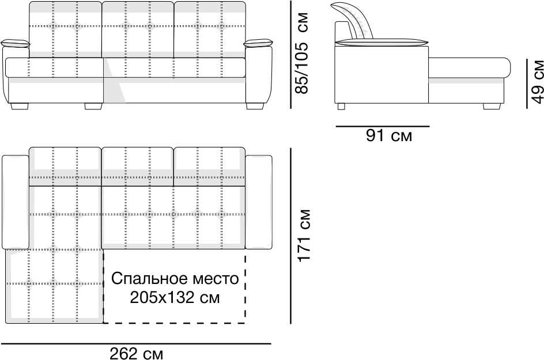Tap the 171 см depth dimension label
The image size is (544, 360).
(305, 235)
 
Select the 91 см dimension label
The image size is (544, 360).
(388, 136)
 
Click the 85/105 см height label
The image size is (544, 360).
(303, 53)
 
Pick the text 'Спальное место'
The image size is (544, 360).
(175, 279)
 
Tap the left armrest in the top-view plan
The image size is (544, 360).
(16, 202)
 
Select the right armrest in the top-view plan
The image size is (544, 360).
(258, 202)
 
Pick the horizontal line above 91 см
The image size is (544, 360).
(381, 125)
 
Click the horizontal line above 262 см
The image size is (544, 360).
(136, 343)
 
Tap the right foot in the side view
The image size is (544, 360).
(491, 105)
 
